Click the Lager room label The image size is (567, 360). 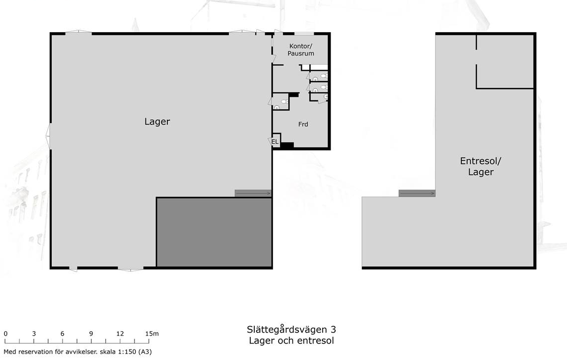point(157,122)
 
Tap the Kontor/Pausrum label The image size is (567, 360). point(301,50)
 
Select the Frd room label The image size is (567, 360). point(303,124)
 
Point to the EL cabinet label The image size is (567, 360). point(275,142)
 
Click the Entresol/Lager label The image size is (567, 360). point(481,166)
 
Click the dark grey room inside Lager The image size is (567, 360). point(214,232)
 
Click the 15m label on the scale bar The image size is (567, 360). point(152,334)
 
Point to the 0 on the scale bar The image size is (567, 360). point(5,334)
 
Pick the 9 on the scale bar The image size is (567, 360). point(91,334)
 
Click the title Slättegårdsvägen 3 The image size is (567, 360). point(291,330)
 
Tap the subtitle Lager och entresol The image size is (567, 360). point(291,341)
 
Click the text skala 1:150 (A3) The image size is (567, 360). point(126,352)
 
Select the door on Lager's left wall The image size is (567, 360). point(48,136)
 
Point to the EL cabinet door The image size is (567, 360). point(270,141)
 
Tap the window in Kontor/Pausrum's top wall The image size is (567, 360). point(304,34)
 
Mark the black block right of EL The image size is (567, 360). point(287,145)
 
